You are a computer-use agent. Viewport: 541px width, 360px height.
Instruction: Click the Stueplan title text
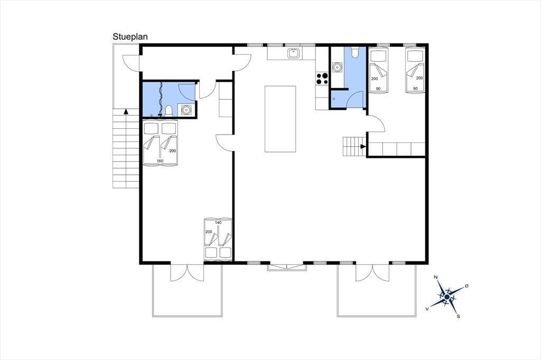tap(130, 37)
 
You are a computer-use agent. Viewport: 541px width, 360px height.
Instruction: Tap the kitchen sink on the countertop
tap(294, 53)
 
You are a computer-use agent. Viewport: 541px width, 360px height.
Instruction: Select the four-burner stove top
tap(322, 79)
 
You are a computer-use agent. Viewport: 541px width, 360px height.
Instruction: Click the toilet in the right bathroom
tap(355, 52)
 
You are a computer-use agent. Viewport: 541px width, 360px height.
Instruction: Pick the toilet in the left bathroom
tap(169, 111)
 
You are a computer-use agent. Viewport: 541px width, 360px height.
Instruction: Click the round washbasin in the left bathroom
tap(186, 110)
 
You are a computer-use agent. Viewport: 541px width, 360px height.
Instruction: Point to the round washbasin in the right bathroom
tap(337, 67)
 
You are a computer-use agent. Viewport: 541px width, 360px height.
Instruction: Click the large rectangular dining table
tap(280, 119)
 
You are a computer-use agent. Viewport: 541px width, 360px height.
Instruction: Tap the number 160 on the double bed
tap(160, 161)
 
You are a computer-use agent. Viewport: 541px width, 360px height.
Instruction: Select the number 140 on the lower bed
tap(218, 223)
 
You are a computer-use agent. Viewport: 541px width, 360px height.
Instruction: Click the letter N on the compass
tap(436, 277)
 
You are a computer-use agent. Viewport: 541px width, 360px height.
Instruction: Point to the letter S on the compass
tap(458, 316)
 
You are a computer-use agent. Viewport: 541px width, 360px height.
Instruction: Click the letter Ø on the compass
tap(467, 286)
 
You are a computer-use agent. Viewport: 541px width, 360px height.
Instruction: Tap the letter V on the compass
tap(427, 309)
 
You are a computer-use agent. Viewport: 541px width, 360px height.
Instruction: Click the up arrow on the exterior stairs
tap(126, 111)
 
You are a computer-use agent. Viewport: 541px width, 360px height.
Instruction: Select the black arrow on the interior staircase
tap(363, 147)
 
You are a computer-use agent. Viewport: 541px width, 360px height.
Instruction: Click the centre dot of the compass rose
tap(447, 297)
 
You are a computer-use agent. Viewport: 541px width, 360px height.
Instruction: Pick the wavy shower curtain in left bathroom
tap(161, 99)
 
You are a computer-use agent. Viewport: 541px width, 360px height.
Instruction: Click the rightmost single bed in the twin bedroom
tap(415, 70)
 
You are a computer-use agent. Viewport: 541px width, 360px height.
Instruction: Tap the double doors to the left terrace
tap(187, 273)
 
